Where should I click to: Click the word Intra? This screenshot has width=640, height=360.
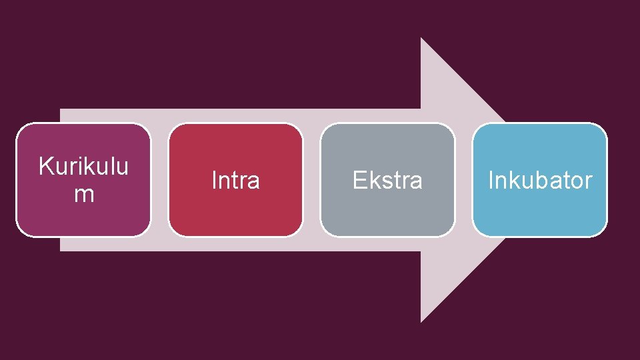point(235,180)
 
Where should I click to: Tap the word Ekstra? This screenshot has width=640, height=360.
point(387,180)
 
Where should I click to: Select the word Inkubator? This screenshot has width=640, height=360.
point(540,180)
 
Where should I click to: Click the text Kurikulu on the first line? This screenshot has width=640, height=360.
point(83,166)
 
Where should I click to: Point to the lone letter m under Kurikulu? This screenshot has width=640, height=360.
point(83,195)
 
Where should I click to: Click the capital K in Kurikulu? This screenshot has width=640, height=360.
point(45,166)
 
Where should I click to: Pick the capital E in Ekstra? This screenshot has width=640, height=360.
point(358,180)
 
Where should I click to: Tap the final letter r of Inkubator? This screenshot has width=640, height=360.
point(589,181)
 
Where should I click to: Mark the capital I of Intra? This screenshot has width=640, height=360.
point(214,180)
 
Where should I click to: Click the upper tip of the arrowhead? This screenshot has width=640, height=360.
point(421,39)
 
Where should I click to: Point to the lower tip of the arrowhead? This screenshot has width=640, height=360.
point(421,321)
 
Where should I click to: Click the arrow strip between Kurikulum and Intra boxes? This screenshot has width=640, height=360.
point(159,180)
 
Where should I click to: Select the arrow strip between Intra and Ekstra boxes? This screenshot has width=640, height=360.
point(311,180)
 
